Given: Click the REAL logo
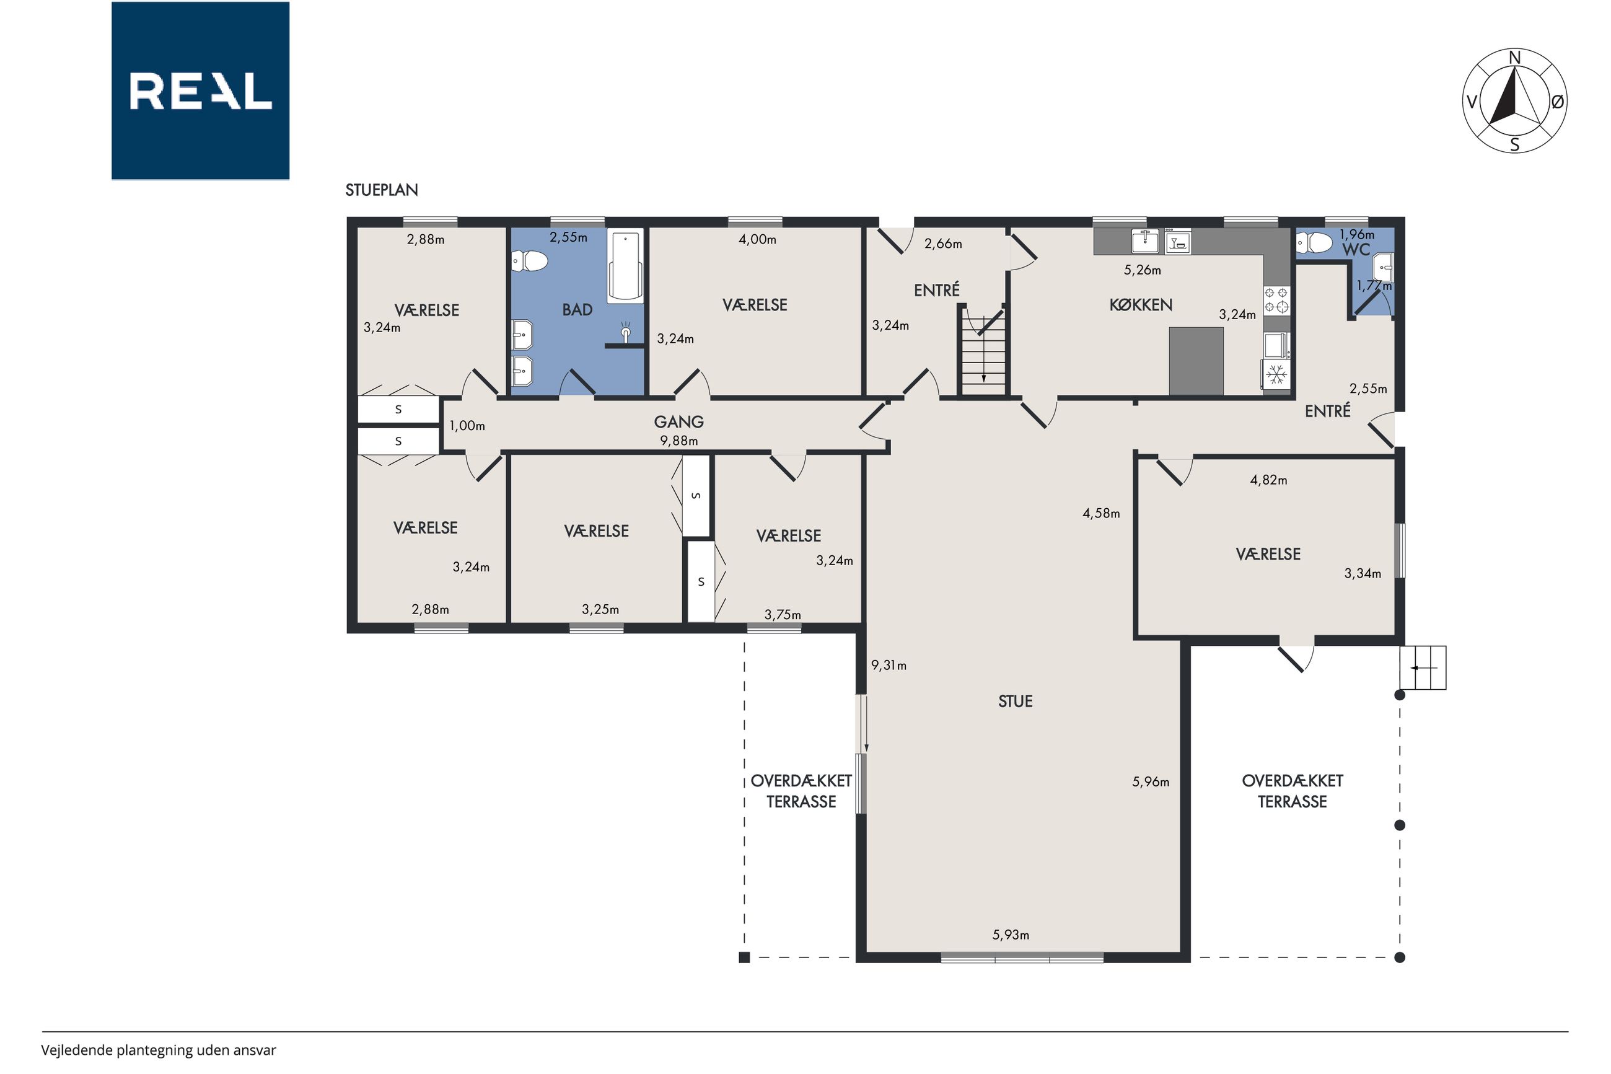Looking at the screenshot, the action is pyautogui.click(x=200, y=90).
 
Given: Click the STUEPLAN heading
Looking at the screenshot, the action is pyautogui.click(x=381, y=190).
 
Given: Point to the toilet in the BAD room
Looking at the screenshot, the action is pyautogui.click(x=529, y=261).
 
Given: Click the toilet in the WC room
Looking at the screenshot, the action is pyautogui.click(x=1314, y=242).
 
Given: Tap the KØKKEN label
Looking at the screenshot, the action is pyautogui.click(x=1141, y=305).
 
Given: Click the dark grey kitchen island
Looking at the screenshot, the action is pyautogui.click(x=1196, y=361).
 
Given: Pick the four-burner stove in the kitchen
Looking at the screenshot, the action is pyautogui.click(x=1276, y=300).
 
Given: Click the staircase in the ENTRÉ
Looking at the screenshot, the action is pyautogui.click(x=983, y=350).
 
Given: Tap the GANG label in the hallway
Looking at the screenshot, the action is pyautogui.click(x=678, y=422).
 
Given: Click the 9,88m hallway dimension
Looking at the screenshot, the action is pyautogui.click(x=678, y=441).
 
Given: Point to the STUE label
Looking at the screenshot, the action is pyautogui.click(x=1016, y=701).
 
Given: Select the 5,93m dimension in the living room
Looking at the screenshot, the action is pyautogui.click(x=1011, y=935).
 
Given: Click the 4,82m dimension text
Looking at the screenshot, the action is pyautogui.click(x=1268, y=480).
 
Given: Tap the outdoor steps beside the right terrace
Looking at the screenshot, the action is pyautogui.click(x=1423, y=668).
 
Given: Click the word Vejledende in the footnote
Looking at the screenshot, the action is pyautogui.click(x=77, y=1050).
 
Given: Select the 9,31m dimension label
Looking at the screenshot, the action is pyautogui.click(x=888, y=665).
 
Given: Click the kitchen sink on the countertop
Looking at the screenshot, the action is pyautogui.click(x=1146, y=241).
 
